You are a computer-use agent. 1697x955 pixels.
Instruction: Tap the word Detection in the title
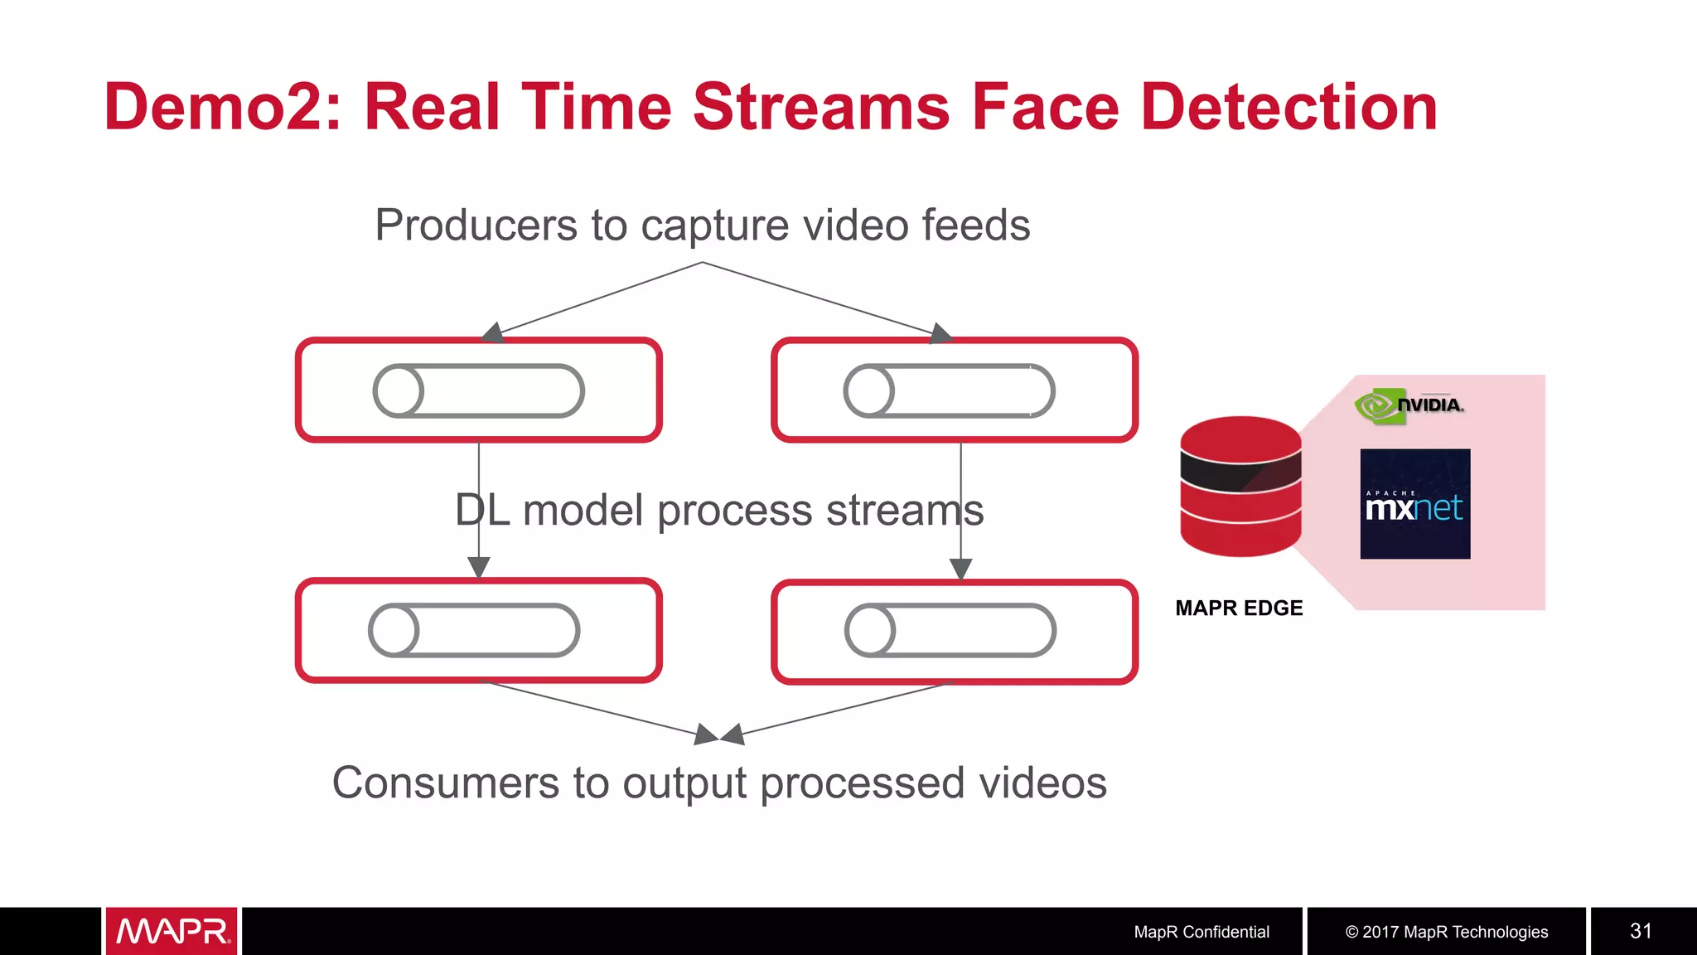pyautogui.click(x=1288, y=108)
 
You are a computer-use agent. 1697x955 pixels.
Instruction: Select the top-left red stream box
pyautogui.click(x=479, y=390)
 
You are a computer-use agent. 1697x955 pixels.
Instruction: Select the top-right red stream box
pyautogui.click(x=955, y=390)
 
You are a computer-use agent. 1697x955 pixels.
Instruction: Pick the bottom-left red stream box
pyautogui.click(x=479, y=631)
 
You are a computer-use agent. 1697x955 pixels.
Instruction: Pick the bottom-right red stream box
pyautogui.click(x=955, y=632)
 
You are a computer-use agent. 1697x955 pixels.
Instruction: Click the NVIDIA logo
pyautogui.click(x=1409, y=405)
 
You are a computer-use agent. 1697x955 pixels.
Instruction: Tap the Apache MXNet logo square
pyautogui.click(x=1415, y=504)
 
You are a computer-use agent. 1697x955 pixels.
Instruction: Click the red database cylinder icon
pyautogui.click(x=1240, y=487)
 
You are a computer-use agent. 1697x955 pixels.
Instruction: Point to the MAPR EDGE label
pyautogui.click(x=1239, y=608)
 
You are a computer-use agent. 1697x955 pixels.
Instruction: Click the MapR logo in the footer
pyautogui.click(x=172, y=931)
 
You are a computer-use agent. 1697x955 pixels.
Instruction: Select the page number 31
pyautogui.click(x=1641, y=931)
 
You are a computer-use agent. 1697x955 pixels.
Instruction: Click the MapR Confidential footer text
pyautogui.click(x=1201, y=932)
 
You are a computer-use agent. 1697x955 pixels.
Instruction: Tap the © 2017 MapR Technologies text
pyautogui.click(x=1447, y=932)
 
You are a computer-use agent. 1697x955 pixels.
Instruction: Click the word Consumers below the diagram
pyautogui.click(x=446, y=783)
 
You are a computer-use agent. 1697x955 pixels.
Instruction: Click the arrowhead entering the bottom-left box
pyautogui.click(x=479, y=567)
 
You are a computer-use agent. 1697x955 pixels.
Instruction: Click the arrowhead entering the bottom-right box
pyautogui.click(x=960, y=569)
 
